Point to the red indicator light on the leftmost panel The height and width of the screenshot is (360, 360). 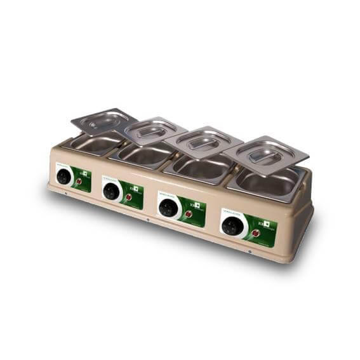click(x=79, y=182)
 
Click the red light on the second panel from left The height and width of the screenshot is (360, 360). click(x=128, y=197)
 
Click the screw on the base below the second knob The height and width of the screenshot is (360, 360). click(x=148, y=221)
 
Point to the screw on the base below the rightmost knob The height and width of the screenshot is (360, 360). click(x=250, y=252)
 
